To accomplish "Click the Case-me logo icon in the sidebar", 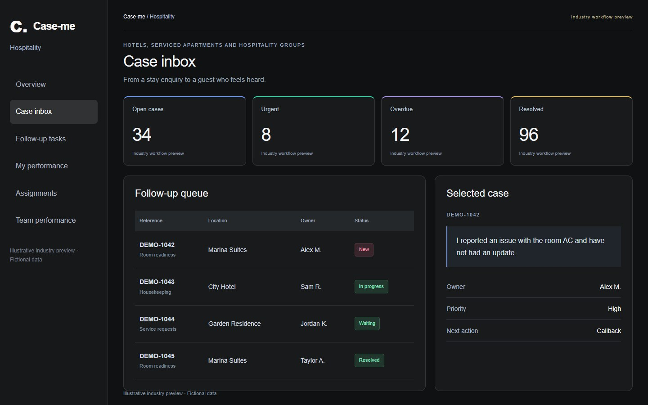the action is coord(18,26).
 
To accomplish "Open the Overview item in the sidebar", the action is coord(31,84).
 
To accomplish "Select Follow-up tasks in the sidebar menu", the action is coord(41,139).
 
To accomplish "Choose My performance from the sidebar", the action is coord(42,166).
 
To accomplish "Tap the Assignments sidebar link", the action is coord(36,193).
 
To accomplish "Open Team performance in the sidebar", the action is coord(46,220).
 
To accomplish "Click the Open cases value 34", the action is coord(142,135).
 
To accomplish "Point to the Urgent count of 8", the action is coord(266,135).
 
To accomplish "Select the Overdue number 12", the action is coord(400,135).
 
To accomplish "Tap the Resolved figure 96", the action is coord(528,135).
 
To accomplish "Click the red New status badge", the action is coord(364,250).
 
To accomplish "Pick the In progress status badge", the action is coord(371,286).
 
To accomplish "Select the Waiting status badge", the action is coord(367,324).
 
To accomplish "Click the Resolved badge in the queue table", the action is coord(369,360).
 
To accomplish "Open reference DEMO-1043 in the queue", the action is coord(157,282).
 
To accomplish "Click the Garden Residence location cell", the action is coord(234,324).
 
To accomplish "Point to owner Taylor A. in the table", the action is coord(312,361).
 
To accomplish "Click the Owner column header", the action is coord(308,220).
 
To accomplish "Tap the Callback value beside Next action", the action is coord(609,331).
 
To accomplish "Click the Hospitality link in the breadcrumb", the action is coord(162,17).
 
